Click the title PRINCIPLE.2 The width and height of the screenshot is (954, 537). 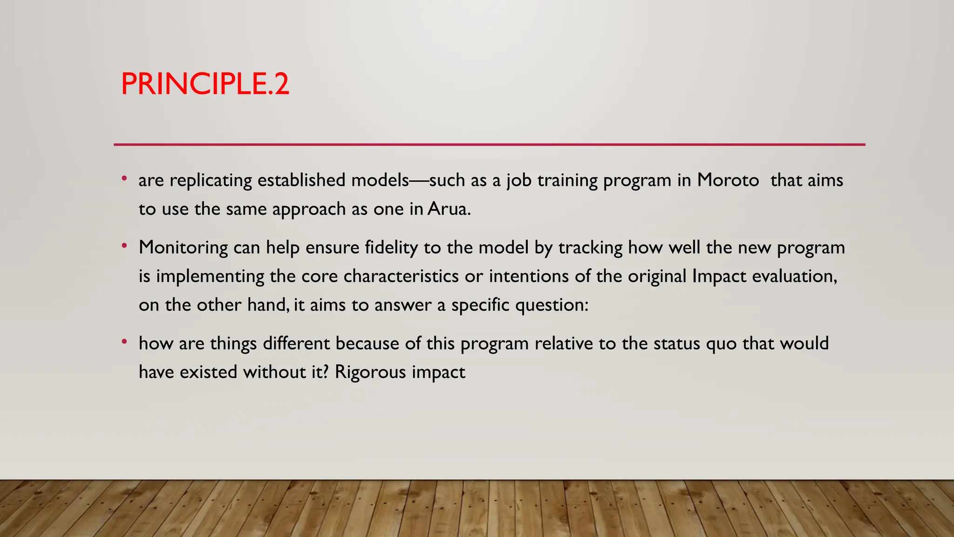(205, 84)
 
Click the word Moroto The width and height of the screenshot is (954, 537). (728, 180)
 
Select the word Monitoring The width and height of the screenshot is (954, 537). (183, 248)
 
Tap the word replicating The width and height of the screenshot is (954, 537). (211, 180)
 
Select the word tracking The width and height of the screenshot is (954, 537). (590, 248)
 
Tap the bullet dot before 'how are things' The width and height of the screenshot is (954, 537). (124, 342)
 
